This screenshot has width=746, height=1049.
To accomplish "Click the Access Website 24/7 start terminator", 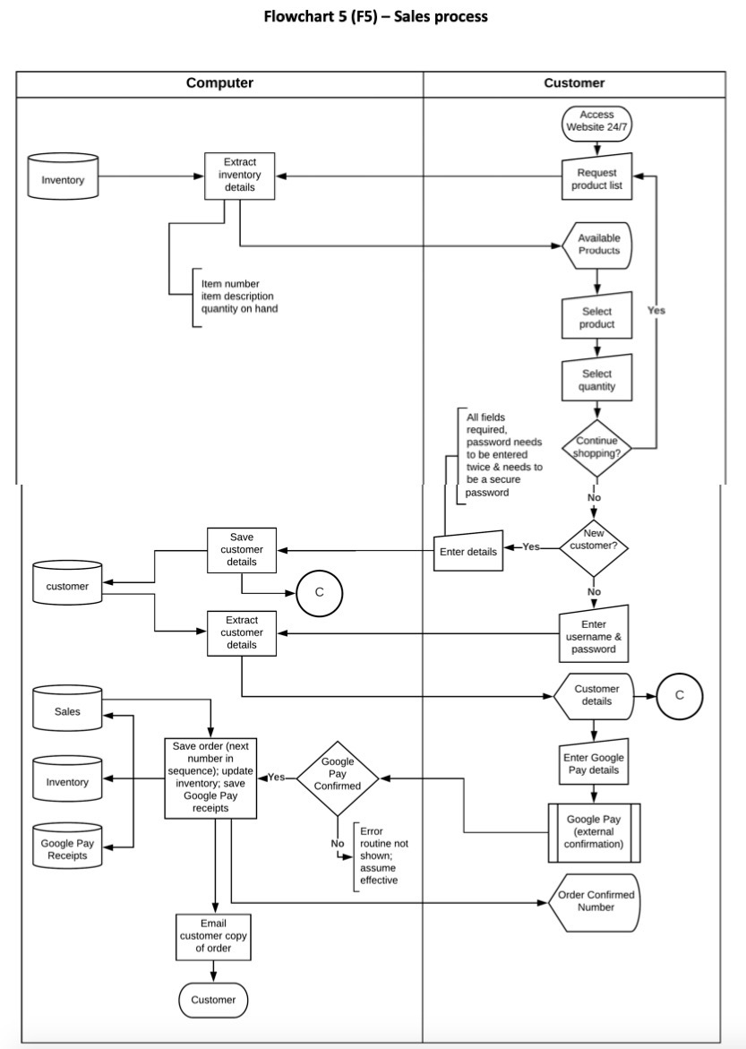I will (596, 122).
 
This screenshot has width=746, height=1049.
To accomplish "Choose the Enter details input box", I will (468, 552).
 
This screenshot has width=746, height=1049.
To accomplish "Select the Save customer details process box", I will (242, 549).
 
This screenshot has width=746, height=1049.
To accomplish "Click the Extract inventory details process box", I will (240, 175).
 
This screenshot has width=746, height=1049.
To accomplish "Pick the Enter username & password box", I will (593, 636).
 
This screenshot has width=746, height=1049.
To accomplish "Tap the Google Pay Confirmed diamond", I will (338, 778).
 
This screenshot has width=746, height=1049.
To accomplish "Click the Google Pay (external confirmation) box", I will (594, 832).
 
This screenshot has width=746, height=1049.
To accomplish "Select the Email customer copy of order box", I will (213, 936).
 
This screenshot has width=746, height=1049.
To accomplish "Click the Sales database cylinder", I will (67, 710).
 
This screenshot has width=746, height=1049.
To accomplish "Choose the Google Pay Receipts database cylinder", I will (67, 846).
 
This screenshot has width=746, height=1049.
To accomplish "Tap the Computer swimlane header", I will (219, 83).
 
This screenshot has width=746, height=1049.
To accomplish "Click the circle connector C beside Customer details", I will (679, 696).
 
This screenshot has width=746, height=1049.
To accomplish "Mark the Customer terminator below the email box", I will (213, 1000).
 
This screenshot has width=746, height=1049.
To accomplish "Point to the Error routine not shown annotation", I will (383, 856).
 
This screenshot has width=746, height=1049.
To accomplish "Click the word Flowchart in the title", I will (296, 16).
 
